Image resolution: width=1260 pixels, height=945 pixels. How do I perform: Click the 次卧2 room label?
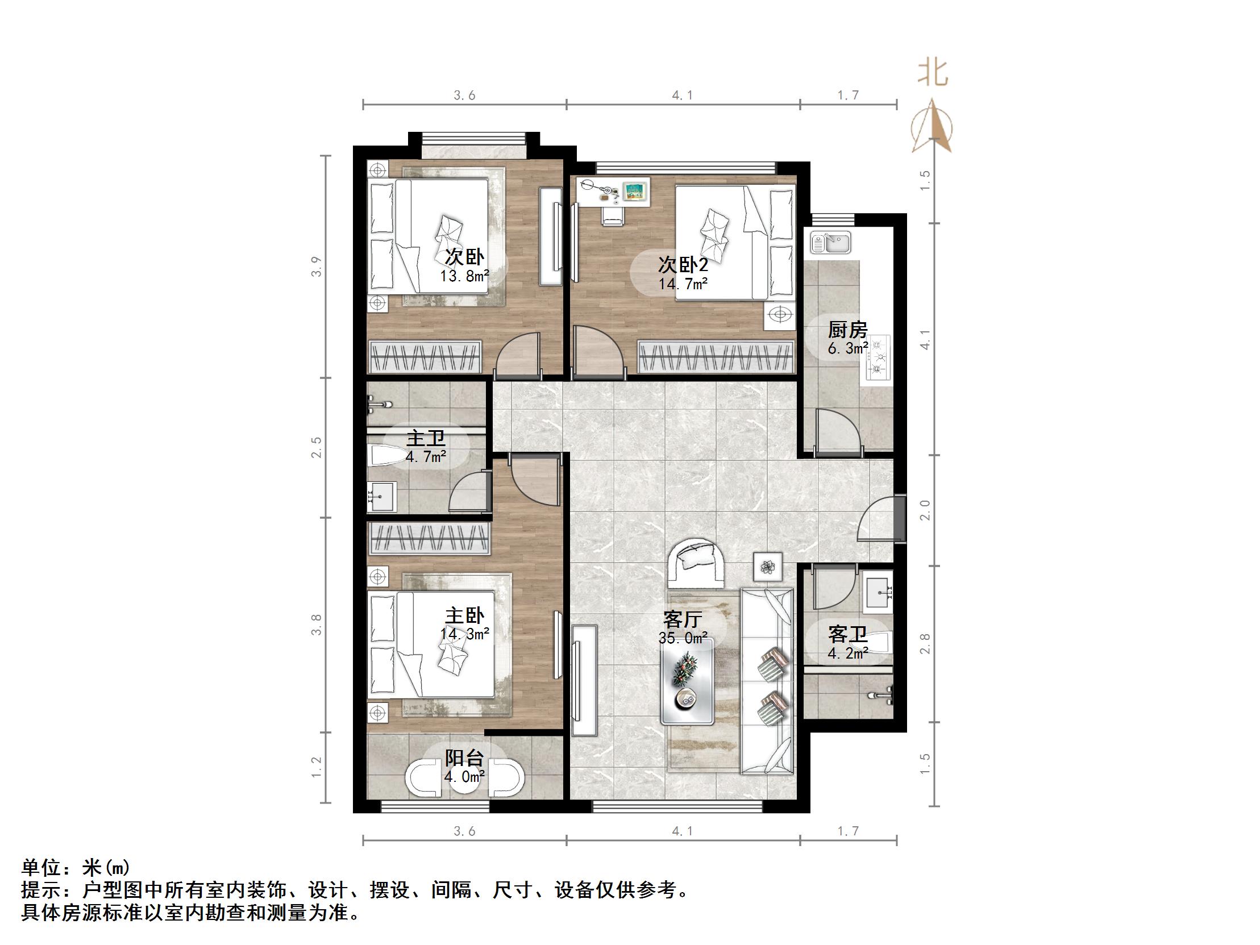(x=683, y=264)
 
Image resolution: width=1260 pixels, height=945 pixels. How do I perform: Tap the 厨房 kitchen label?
(x=847, y=330)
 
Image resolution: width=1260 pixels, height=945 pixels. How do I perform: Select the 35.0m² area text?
(x=683, y=638)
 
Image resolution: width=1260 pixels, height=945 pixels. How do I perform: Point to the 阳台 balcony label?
(x=464, y=757)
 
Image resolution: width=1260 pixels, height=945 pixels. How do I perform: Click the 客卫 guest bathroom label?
(x=847, y=635)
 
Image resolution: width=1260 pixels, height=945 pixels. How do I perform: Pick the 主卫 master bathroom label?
(x=426, y=439)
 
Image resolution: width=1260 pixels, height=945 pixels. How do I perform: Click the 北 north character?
(x=933, y=73)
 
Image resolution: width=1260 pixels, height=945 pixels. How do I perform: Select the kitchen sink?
(x=830, y=242)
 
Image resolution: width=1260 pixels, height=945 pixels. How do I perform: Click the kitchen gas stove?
(x=877, y=357)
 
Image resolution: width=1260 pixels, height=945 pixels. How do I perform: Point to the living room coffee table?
(x=688, y=681)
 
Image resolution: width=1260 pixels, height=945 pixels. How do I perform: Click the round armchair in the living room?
(x=696, y=562)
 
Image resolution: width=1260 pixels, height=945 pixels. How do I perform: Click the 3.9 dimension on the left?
(x=317, y=267)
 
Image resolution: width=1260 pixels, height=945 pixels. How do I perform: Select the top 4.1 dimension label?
(x=683, y=95)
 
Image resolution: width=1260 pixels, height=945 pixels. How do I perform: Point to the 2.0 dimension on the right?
(x=925, y=510)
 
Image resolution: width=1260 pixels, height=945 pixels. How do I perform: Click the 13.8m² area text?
(x=464, y=276)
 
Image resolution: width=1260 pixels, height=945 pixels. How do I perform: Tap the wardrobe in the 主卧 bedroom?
(x=430, y=538)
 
